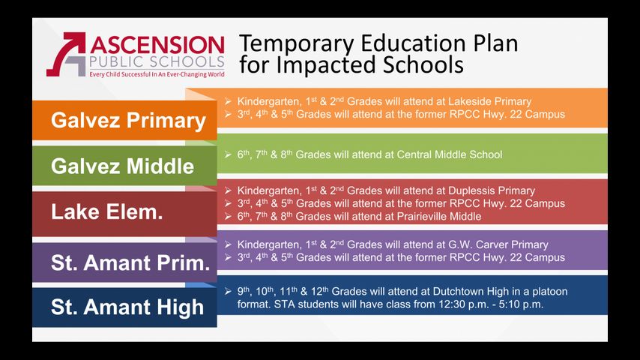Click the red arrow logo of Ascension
[x=67, y=54]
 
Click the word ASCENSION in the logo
[x=157, y=45]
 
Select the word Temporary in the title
[x=296, y=43]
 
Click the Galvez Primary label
[x=128, y=120]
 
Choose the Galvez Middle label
[x=122, y=166]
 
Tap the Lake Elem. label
[x=107, y=211]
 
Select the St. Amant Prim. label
[x=130, y=262]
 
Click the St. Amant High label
[x=127, y=307]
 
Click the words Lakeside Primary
[x=490, y=101]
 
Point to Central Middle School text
[x=450, y=154]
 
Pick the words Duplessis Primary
[x=492, y=190]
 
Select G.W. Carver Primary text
[x=498, y=244]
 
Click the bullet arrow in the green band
[x=228, y=154]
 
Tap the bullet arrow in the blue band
[x=228, y=291]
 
